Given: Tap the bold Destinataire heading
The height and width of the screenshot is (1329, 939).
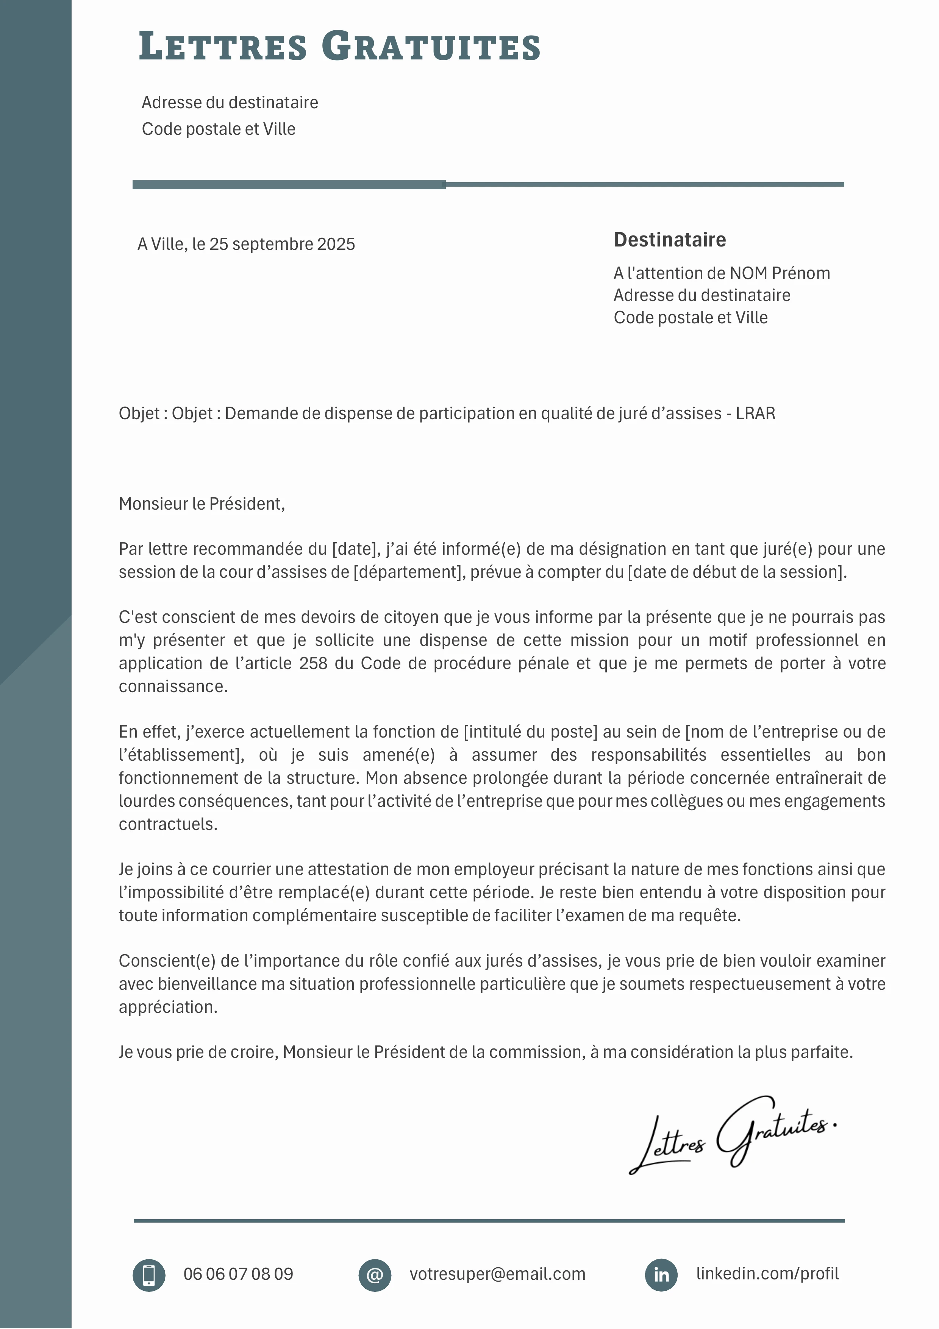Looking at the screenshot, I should click(x=669, y=240).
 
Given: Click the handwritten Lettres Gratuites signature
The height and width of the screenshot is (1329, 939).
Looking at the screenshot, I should click(x=732, y=1135).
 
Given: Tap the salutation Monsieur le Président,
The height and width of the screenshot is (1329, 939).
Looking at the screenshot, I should click(x=202, y=504).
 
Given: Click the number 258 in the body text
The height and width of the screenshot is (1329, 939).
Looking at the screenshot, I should click(x=313, y=663).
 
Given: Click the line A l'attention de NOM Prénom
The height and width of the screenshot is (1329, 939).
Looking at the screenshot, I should click(x=721, y=273).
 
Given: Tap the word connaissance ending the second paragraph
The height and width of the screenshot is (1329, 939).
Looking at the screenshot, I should click(x=173, y=686).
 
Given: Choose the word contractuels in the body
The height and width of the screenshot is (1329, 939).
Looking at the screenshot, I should click(x=168, y=824).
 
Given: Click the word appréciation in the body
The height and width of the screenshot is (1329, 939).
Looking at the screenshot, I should click(x=168, y=1007).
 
